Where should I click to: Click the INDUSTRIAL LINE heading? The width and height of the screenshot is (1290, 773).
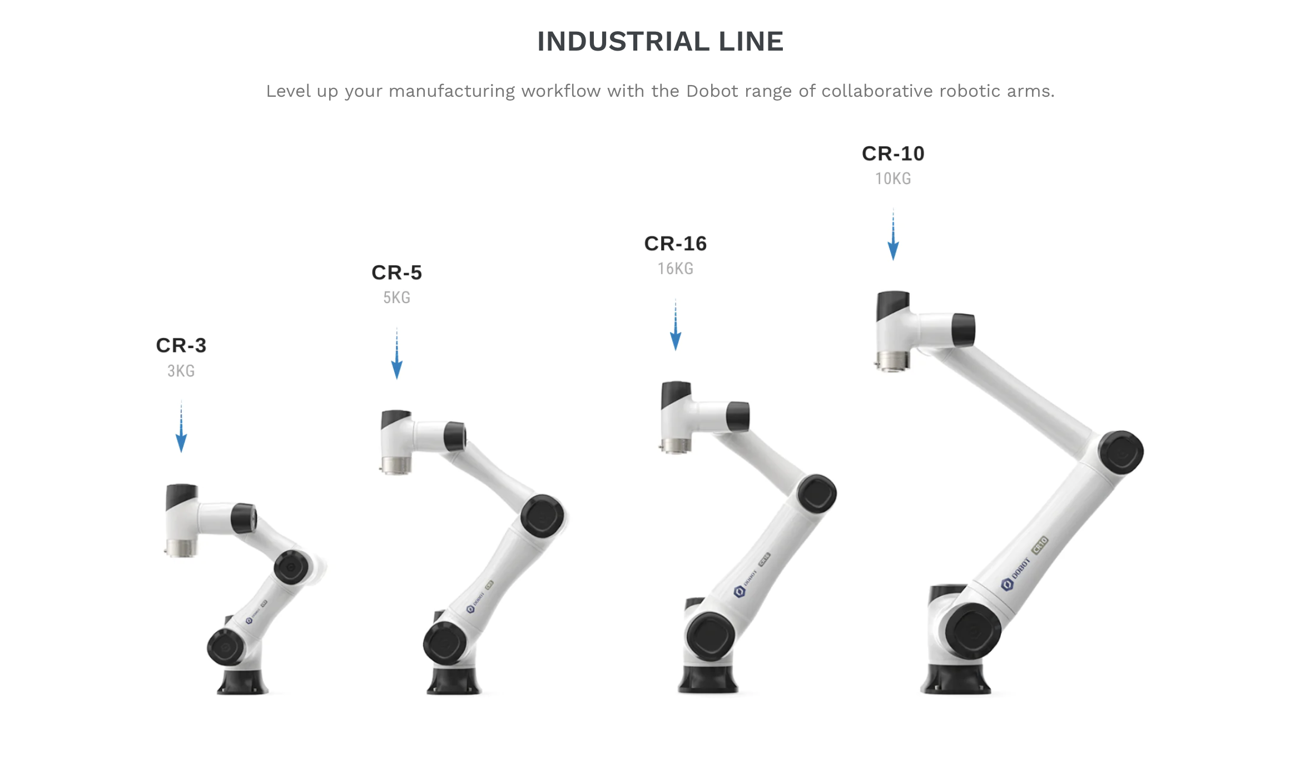(660, 42)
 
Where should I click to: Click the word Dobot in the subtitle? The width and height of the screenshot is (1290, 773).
(712, 91)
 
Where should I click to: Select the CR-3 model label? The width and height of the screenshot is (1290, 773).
(181, 345)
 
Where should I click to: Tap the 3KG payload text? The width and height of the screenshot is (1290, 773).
(181, 371)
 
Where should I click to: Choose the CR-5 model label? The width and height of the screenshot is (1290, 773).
(397, 272)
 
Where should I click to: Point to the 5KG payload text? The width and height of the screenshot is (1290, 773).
(397, 298)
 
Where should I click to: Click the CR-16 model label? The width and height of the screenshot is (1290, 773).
(676, 244)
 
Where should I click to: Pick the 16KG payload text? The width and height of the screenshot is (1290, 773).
(676, 269)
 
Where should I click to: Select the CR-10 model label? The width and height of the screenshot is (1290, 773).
(893, 153)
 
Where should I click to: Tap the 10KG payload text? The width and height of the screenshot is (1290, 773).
(893, 179)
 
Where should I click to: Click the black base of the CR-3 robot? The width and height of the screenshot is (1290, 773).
(242, 682)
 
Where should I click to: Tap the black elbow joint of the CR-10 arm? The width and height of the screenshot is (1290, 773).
(1121, 452)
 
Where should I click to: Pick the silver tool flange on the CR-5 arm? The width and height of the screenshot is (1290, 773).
(396, 465)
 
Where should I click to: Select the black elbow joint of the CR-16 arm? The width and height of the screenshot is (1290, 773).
(816, 494)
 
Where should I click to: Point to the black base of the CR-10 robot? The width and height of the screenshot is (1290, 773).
(955, 680)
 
